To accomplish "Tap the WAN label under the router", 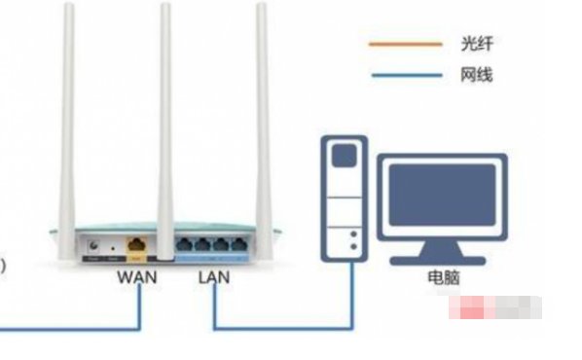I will [137, 277].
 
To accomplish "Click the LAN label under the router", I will [213, 277].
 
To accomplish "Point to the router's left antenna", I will [69, 117].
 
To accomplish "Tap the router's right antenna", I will [262, 117].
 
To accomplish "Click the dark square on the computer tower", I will [343, 157].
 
